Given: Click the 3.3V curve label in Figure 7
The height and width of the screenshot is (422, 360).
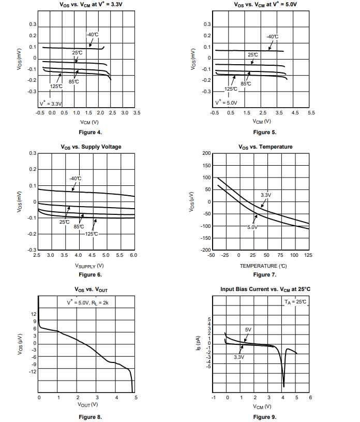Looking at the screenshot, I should pos(266,195).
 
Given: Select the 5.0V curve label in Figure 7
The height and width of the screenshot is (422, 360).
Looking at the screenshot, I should pos(252,227).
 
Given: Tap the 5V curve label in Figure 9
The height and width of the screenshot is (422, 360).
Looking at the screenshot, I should pos(248,329).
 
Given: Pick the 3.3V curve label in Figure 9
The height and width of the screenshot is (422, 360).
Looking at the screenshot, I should pos(238,357).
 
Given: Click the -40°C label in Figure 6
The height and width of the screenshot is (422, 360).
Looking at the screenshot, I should pos(76,179).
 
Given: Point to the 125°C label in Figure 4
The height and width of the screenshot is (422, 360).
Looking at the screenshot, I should pos(56,86).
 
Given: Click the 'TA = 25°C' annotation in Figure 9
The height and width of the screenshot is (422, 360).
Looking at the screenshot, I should pos(295,301).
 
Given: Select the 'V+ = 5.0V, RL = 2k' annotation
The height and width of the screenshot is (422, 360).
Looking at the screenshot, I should pos(87,302).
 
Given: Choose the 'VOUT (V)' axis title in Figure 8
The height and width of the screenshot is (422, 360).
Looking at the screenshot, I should pos(87,404).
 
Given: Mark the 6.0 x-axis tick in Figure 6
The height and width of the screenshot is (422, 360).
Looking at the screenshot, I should pos(133,256).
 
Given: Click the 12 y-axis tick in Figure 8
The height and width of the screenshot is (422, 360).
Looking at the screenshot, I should pos(34,314).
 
